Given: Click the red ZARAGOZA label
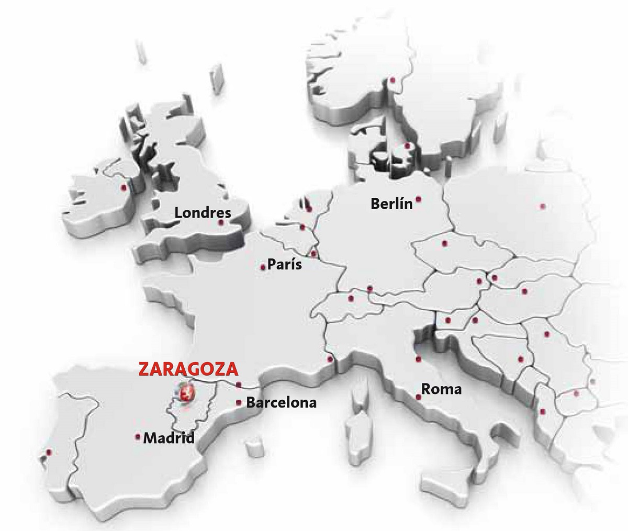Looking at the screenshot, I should [x=188, y=369].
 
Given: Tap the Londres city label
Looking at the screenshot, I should [x=203, y=213].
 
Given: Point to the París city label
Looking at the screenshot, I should [x=285, y=264].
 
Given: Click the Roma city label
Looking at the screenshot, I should [x=442, y=389].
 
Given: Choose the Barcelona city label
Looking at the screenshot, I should [x=281, y=403].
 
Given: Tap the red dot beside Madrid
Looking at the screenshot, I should [x=138, y=436].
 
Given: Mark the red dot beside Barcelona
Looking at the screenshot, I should [x=239, y=402].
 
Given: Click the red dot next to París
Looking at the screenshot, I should [x=263, y=267].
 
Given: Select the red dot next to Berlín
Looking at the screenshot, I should [x=419, y=199].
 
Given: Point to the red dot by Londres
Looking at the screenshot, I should [x=221, y=222].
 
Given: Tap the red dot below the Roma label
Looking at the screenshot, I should [x=418, y=397].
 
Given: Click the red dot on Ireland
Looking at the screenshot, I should [x=124, y=188].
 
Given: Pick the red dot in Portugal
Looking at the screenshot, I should [x=49, y=451].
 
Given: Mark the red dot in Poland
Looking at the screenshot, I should [x=542, y=206].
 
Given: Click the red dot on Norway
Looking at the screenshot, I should [x=392, y=80].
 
